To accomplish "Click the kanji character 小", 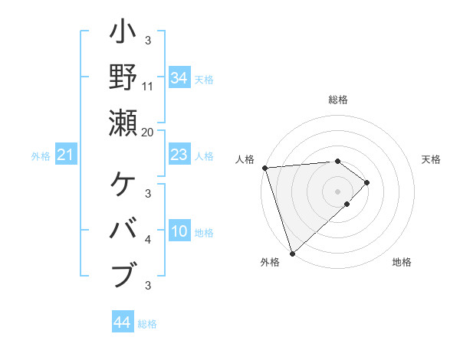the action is tap(123, 34).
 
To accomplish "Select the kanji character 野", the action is tap(123, 77).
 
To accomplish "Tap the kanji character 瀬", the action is tap(123, 123).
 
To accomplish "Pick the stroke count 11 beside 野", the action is tap(148, 87).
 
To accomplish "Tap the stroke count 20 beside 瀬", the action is tap(148, 132).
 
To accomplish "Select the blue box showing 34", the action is tap(179, 78).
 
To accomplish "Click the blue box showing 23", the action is tap(179, 155).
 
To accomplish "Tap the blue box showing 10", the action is tap(179, 232).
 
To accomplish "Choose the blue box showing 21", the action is tap(66, 155).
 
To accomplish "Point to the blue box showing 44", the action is tap(122, 322).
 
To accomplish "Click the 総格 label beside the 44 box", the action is tap(147, 323).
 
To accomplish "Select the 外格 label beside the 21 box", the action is tap(41, 156).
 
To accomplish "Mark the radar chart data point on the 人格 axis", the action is tap(264, 168).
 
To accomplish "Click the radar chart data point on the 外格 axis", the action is tap(292, 253).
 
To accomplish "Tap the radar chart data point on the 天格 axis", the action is tap(367, 182).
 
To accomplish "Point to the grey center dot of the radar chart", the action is tap(337, 191).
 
